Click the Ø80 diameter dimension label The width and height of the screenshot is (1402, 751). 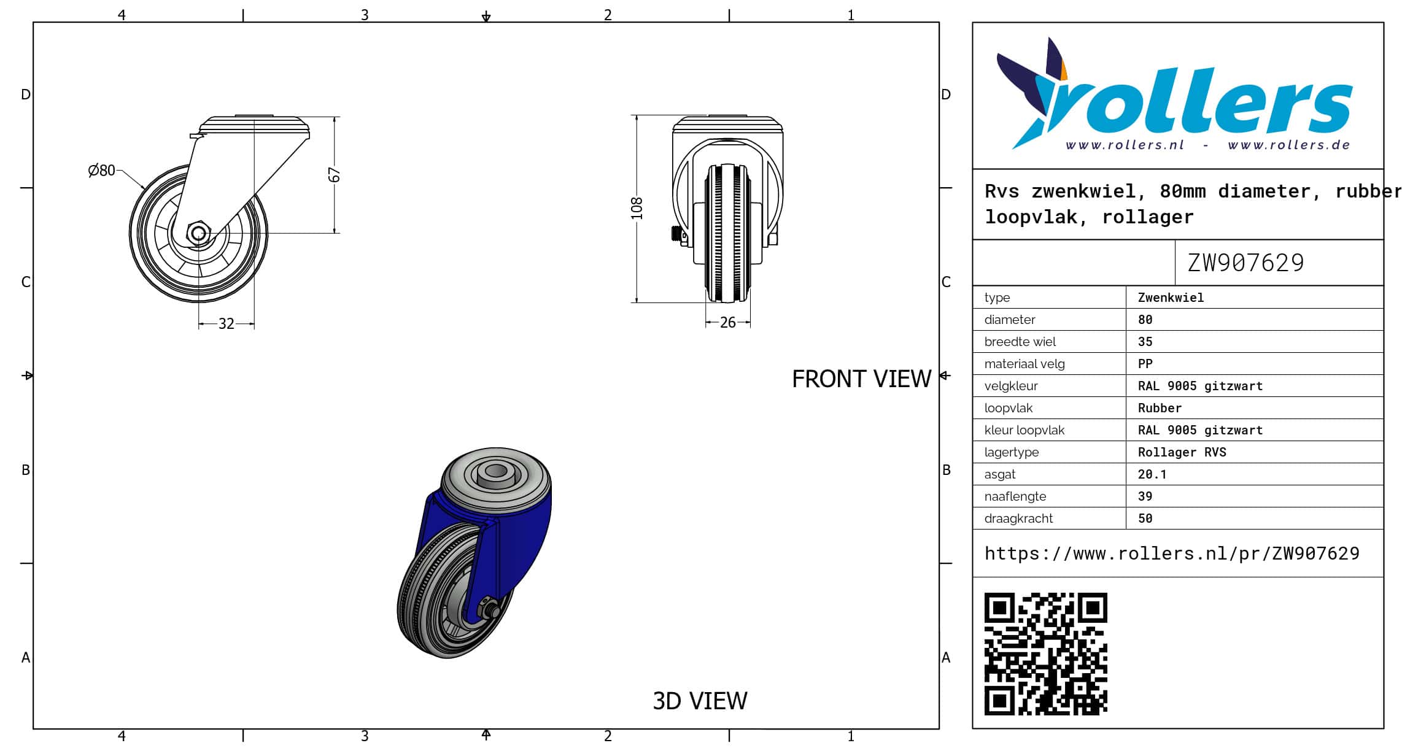(x=101, y=170)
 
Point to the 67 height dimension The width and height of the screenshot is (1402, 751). (x=334, y=175)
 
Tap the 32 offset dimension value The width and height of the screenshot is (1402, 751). (x=227, y=323)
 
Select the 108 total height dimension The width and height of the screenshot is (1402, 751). (x=637, y=209)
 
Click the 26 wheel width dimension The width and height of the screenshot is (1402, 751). (x=727, y=323)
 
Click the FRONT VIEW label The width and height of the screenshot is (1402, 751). (x=862, y=379)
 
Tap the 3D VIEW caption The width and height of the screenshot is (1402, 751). (x=700, y=701)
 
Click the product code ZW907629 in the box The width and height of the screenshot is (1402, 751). (x=1245, y=263)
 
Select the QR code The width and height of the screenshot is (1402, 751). (x=1046, y=653)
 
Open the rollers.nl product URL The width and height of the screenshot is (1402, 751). (x=1172, y=553)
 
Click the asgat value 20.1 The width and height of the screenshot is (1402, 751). (x=1152, y=474)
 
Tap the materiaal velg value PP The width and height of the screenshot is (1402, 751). (x=1145, y=364)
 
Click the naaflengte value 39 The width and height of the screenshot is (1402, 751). (x=1145, y=496)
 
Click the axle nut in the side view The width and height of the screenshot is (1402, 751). (x=198, y=233)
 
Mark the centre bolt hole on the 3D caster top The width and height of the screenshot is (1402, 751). (x=494, y=473)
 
